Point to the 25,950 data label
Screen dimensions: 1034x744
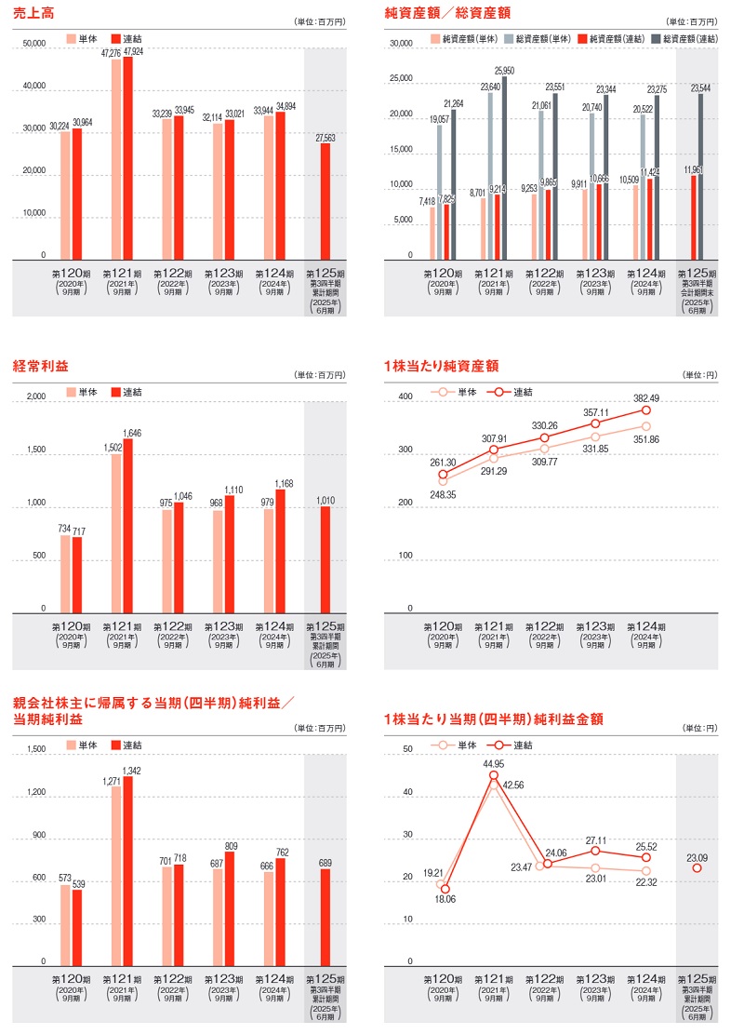[x=505, y=71]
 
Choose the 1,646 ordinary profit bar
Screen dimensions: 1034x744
[x=127, y=525]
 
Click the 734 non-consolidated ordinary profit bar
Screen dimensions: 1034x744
[x=66, y=573]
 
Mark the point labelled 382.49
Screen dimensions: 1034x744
[x=645, y=410]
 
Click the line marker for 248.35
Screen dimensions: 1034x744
[x=443, y=481]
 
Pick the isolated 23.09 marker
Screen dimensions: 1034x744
[x=697, y=868]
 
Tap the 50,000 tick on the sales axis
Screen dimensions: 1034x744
[x=33, y=44]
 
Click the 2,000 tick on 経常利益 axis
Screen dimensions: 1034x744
[x=36, y=396]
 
